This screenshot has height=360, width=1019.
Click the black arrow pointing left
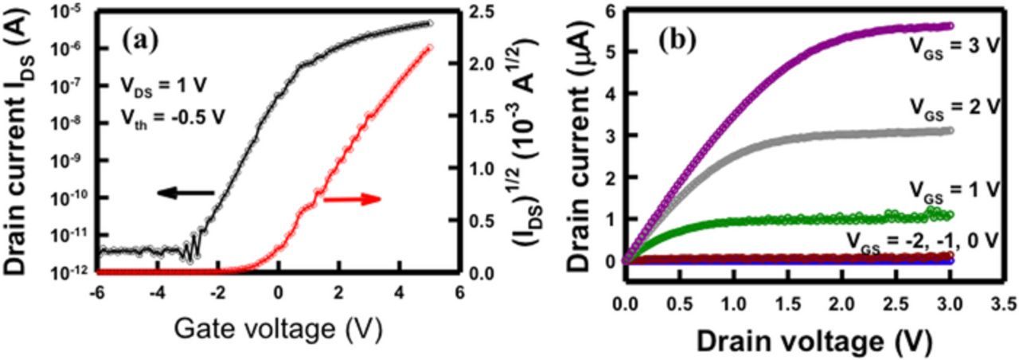[185, 193]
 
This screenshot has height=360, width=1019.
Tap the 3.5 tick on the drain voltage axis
[1001, 303]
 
